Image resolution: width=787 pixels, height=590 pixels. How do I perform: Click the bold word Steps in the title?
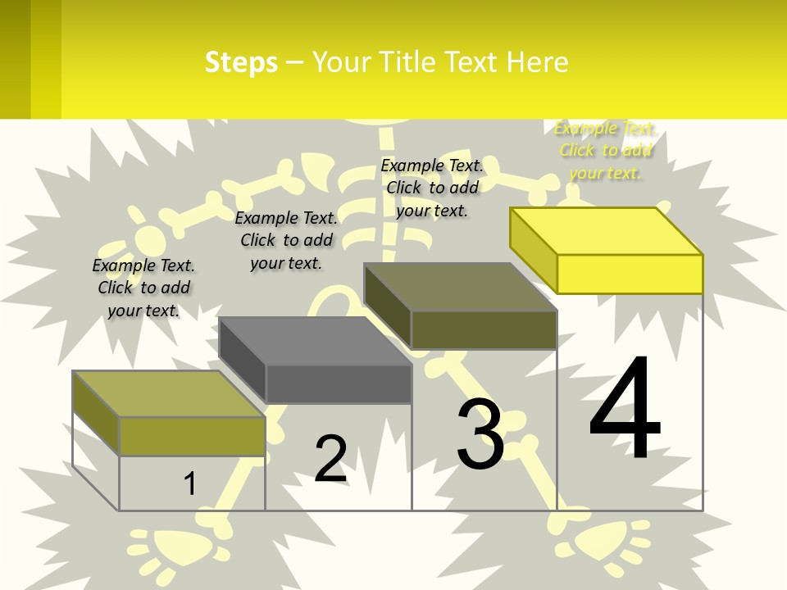(241, 62)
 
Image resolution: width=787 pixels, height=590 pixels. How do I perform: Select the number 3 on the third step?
(480, 434)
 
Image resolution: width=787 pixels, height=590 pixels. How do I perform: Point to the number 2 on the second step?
(330, 459)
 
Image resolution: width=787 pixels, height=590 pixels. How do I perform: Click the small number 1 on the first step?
(189, 483)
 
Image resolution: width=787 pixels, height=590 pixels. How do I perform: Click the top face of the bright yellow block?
(607, 230)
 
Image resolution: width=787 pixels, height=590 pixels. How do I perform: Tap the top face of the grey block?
(316, 340)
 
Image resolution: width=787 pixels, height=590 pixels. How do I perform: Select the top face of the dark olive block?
(461, 287)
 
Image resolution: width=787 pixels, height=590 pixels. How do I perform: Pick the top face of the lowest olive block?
(169, 393)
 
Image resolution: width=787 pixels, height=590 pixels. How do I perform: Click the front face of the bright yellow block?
(630, 274)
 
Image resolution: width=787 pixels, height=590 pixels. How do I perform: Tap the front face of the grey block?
(339, 383)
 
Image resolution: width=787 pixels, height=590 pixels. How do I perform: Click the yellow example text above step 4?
(605, 151)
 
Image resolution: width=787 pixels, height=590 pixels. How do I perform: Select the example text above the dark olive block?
(432, 188)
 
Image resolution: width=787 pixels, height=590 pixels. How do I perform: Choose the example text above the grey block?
(286, 240)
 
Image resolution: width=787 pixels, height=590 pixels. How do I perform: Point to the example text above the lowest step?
(143, 288)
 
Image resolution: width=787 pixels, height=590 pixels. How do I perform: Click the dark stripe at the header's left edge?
(15, 59)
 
